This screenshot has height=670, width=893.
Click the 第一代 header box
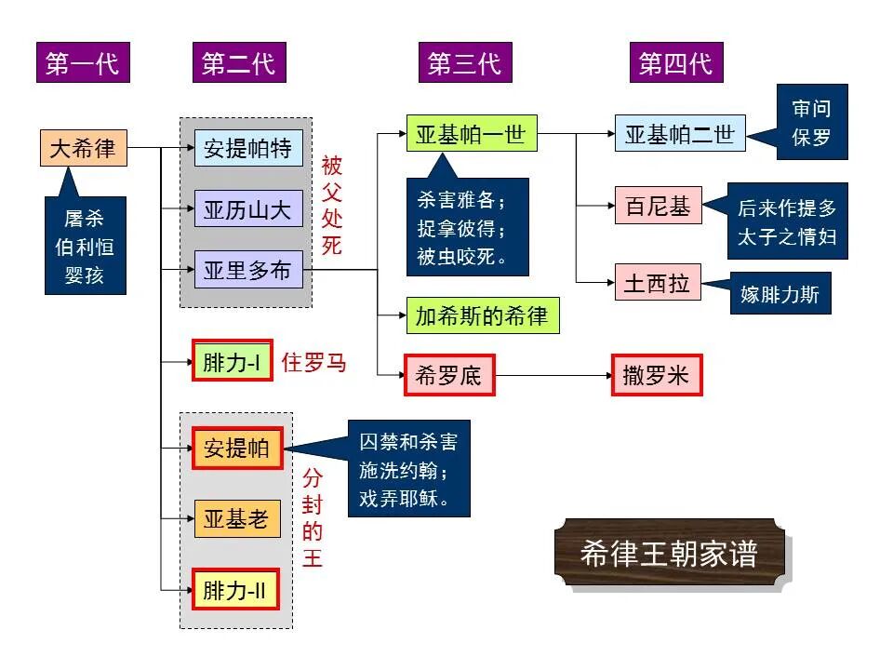click(83, 63)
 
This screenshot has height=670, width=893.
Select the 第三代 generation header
click(463, 63)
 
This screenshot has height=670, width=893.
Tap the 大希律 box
click(83, 148)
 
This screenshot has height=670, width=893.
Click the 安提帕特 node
click(247, 148)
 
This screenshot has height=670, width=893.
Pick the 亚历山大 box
click(247, 209)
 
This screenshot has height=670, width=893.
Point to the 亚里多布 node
click(247, 271)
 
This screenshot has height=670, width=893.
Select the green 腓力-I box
click(233, 362)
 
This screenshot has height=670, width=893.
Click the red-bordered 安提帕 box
click(236, 449)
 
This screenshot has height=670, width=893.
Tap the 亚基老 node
click(236, 519)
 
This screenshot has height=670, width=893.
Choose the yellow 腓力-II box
click(236, 589)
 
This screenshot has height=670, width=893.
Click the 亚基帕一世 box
click(471, 135)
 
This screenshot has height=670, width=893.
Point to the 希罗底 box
click(448, 376)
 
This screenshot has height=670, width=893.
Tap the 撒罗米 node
click(656, 376)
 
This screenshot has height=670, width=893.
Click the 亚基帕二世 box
click(679, 135)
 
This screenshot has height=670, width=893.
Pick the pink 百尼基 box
click(658, 206)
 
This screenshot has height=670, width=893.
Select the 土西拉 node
click(658, 283)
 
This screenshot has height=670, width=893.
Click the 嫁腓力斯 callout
click(780, 294)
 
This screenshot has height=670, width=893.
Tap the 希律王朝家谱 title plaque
click(669, 553)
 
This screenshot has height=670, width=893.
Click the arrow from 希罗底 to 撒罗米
click(553, 376)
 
